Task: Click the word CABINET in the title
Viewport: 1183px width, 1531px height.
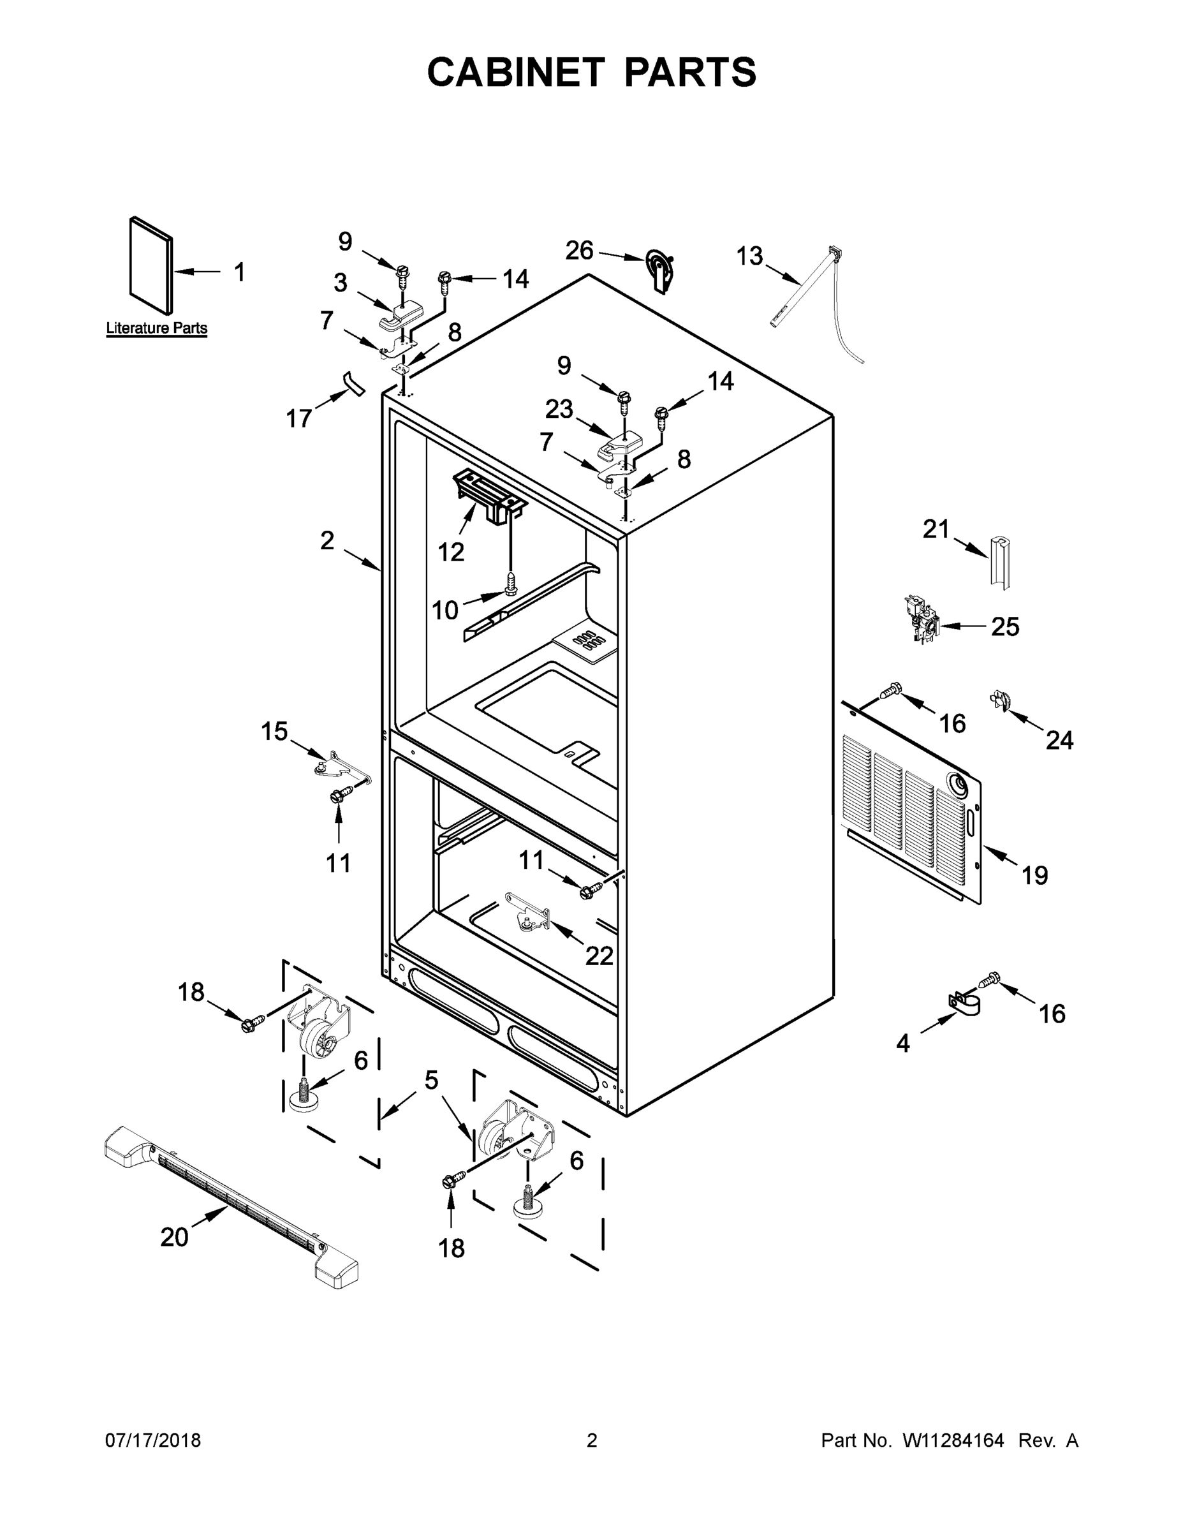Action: coord(516,72)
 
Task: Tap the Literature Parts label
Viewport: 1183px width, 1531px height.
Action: coord(156,327)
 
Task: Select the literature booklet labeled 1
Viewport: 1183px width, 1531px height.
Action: coord(151,265)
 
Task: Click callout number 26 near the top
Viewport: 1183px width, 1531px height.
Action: coord(579,250)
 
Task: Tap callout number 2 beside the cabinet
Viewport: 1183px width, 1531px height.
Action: coord(327,540)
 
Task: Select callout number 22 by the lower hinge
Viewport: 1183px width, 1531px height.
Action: coord(599,955)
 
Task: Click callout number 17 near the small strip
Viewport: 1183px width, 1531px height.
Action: coord(298,418)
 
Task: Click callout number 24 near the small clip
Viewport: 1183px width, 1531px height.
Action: coord(1059,739)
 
